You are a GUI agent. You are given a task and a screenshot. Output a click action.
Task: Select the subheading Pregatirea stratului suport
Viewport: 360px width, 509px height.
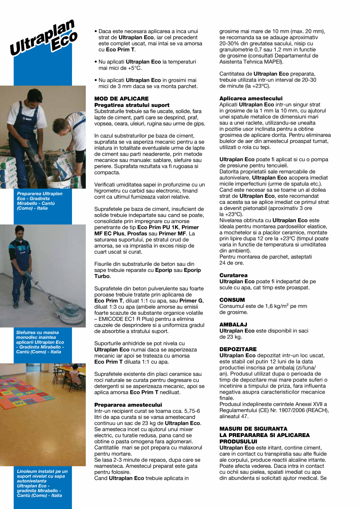(132, 105)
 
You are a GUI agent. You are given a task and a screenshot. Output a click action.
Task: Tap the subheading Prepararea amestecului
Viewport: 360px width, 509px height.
(128, 405)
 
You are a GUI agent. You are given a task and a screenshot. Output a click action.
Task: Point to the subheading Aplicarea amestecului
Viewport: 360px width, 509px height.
(251, 99)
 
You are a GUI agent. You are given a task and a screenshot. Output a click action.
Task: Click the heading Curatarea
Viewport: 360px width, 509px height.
(233, 275)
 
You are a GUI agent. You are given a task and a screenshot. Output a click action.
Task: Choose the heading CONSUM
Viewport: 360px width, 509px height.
(232, 300)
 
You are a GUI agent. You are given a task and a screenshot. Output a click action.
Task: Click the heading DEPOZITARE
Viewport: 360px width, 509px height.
(238, 349)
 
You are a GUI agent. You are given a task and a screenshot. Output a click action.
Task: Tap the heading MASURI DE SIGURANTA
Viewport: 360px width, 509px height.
(253, 429)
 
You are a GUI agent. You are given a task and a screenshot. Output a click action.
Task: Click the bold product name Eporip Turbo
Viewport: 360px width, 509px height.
(184, 270)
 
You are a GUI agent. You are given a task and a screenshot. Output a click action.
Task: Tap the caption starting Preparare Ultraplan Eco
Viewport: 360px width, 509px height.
(39, 201)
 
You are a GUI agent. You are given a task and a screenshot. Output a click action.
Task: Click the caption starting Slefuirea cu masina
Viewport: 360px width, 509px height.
(40, 342)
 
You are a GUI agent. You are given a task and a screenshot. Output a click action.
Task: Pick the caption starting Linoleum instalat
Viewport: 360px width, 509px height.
(42, 483)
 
